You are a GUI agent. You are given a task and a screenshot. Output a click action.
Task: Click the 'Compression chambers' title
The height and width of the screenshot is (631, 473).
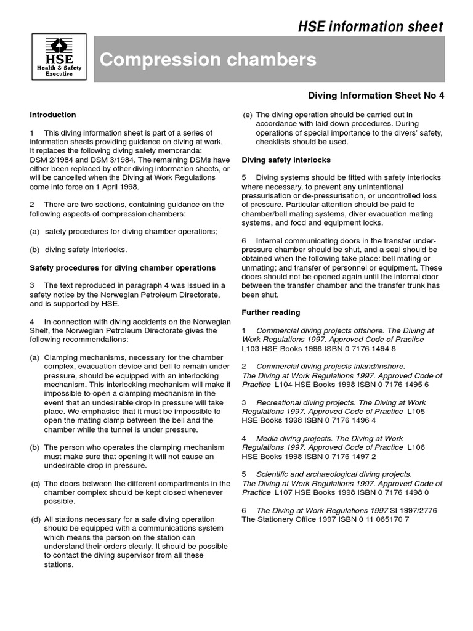(208, 60)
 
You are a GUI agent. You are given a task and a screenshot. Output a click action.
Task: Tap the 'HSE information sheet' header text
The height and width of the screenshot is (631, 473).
(370, 26)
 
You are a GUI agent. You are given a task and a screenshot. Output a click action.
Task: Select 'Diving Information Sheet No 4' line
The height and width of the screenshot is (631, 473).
(376, 96)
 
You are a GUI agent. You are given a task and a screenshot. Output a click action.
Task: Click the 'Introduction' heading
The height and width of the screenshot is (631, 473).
(53, 115)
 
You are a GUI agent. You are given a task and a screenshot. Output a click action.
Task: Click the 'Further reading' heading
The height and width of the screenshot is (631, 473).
(271, 312)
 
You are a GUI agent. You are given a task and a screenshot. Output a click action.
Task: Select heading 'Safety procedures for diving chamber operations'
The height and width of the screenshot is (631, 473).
(123, 267)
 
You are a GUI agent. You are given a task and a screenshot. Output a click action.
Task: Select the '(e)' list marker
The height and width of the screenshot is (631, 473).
(248, 115)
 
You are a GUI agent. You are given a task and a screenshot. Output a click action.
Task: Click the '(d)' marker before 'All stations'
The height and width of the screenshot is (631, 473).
(36, 519)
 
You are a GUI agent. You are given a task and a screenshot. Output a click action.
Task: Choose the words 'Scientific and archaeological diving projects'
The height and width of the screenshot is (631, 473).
(334, 474)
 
